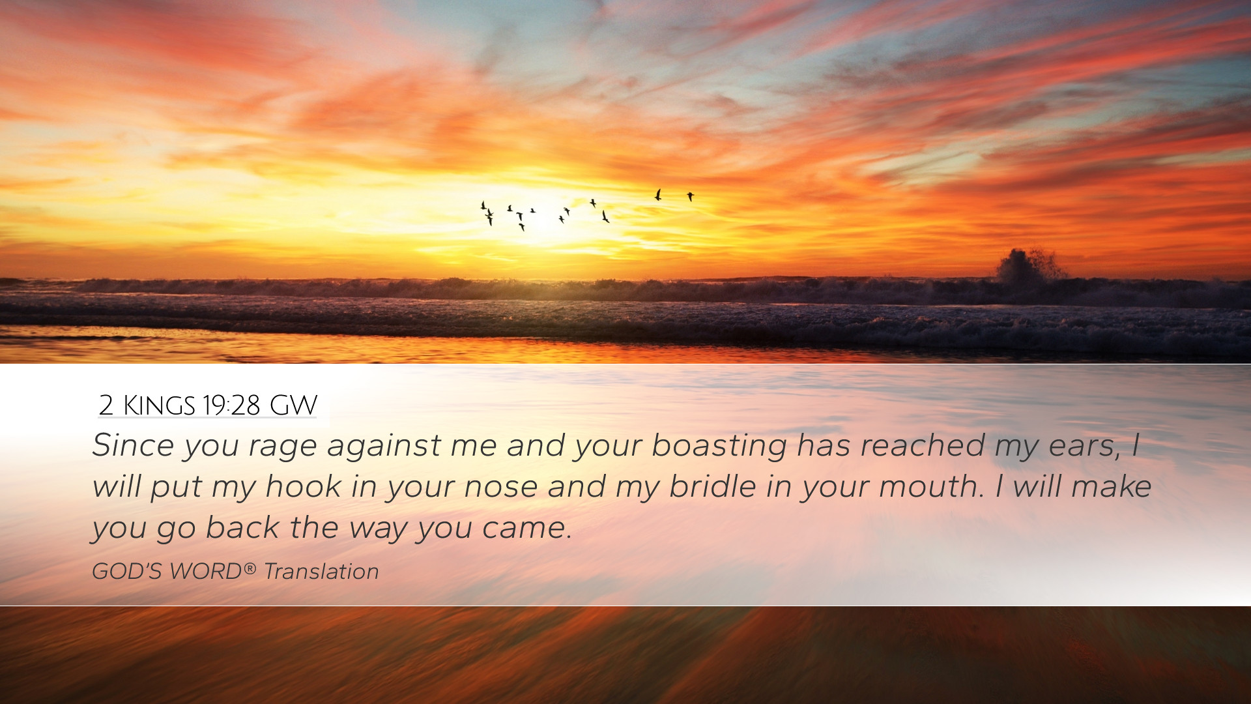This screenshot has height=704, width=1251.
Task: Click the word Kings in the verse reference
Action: [x=159, y=405]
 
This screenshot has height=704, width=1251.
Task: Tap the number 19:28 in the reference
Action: [x=231, y=405]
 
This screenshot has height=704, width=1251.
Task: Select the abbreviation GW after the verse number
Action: [x=293, y=405]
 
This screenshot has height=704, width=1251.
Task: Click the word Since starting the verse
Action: [x=134, y=445]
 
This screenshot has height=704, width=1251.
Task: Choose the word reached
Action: [x=923, y=445]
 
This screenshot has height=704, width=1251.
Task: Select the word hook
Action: [x=304, y=486]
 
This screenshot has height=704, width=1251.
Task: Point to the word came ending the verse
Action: [x=526, y=529]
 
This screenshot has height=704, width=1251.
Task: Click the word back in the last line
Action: [x=243, y=527]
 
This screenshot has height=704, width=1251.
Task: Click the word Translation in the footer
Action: [x=321, y=572]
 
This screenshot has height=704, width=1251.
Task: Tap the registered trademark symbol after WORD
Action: [x=250, y=568]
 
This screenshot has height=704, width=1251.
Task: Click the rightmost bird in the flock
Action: [x=690, y=196]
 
